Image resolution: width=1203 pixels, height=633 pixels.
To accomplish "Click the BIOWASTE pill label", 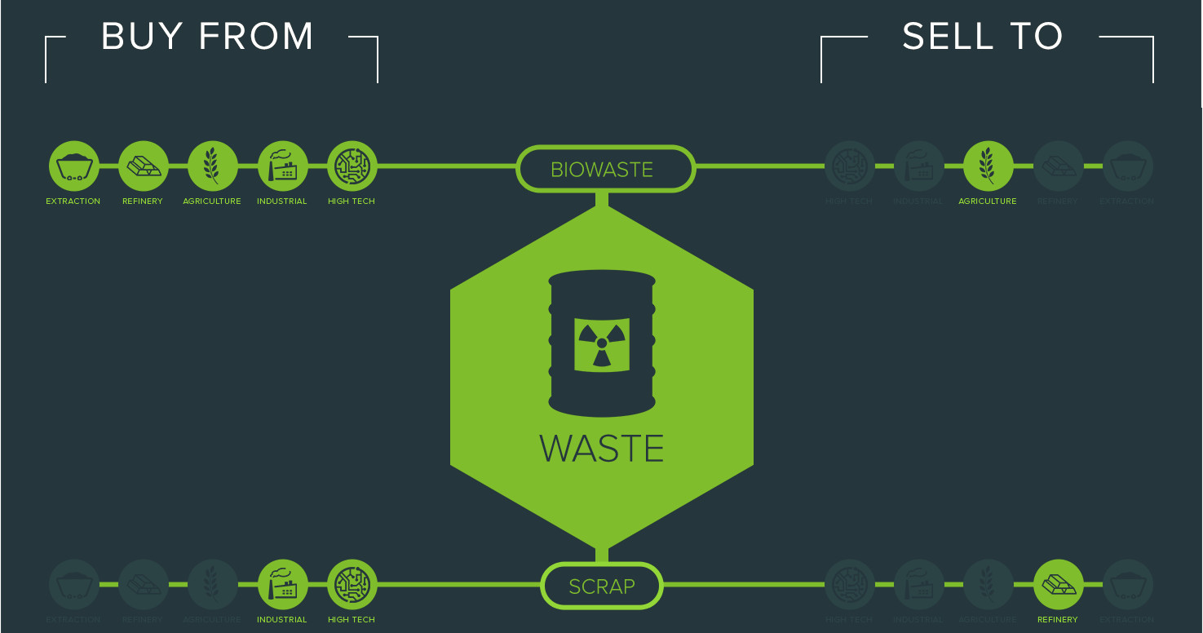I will coord(602,170).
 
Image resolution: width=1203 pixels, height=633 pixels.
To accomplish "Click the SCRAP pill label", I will coord(602,587).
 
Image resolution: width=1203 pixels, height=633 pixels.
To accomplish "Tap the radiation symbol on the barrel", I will coord(601,343).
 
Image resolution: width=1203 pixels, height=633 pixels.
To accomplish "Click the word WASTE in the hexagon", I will coord(602,449).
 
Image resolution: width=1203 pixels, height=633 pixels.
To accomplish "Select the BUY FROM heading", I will coord(208,38).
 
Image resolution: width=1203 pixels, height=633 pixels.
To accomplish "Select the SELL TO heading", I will coord(983,38).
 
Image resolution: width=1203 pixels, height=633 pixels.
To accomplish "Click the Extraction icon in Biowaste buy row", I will coord(73,166).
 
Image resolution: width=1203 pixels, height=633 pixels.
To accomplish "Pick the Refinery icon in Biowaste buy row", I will coord(143,166).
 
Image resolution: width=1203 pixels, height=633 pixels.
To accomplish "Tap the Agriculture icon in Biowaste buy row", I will coord(212,166).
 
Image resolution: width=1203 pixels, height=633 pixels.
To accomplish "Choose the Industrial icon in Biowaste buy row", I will coord(282,166).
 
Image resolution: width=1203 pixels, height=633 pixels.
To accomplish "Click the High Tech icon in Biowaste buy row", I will coord(352,166).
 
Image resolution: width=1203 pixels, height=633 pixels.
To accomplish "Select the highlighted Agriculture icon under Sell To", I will coord(988,166).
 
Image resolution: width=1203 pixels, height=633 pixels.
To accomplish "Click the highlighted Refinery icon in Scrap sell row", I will coord(1058,585).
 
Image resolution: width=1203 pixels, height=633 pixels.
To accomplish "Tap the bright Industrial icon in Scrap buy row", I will coord(282,585).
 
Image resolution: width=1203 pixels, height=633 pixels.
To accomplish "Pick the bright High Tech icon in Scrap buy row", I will coord(352,585).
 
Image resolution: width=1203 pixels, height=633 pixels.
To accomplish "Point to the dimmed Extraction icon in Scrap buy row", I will coord(73,585).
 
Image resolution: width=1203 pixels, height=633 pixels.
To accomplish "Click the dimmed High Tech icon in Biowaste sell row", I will coord(849,166).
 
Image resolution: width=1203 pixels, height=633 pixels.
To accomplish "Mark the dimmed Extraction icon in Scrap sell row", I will coord(1127,585).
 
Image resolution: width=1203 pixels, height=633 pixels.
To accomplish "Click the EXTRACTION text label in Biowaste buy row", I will coord(73,201).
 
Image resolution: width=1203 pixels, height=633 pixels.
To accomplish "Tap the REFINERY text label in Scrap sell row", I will coord(1058,620).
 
